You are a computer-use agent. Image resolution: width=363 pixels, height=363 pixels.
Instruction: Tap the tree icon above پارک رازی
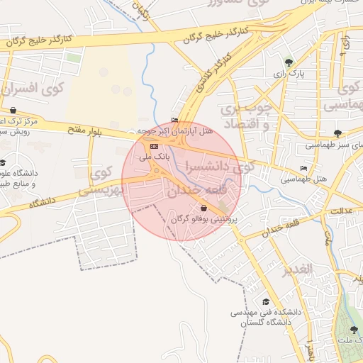point(287,62)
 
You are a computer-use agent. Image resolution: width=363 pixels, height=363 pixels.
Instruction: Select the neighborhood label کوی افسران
point(33,90)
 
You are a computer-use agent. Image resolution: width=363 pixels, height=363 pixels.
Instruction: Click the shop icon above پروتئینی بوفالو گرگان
point(204,208)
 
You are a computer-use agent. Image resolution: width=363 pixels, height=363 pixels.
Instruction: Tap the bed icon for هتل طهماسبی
point(304,169)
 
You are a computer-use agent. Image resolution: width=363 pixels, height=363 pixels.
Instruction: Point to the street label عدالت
point(342,211)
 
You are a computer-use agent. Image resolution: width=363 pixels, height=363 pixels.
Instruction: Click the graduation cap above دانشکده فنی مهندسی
point(266,301)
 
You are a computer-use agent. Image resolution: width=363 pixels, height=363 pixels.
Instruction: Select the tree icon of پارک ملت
point(354,330)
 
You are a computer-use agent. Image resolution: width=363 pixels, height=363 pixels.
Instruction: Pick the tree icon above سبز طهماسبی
point(337,133)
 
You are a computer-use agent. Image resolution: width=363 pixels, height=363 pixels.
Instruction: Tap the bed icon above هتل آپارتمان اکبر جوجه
point(175,120)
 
